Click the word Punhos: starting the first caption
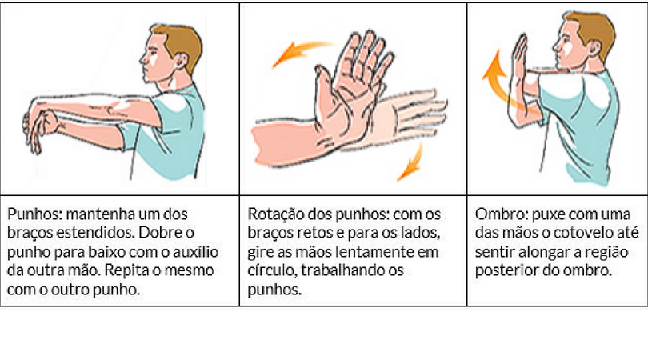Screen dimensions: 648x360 tap(34, 214)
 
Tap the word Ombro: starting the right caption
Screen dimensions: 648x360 tap(502, 214)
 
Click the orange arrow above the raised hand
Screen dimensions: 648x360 tap(301, 53)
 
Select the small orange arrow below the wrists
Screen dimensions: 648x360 tap(410, 162)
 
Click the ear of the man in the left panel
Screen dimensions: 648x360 tap(180, 61)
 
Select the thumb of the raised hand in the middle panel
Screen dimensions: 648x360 tap(323, 90)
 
